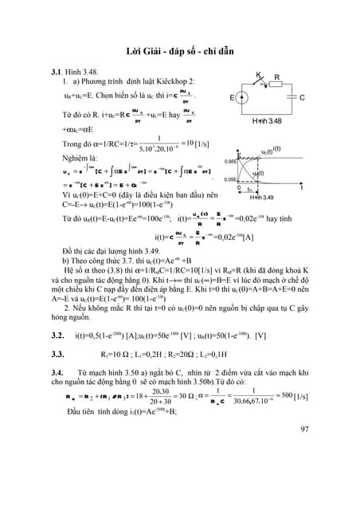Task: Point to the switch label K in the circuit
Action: pos(259,74)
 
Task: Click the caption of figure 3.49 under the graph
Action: pos(263,197)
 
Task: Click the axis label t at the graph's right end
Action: pos(301,188)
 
